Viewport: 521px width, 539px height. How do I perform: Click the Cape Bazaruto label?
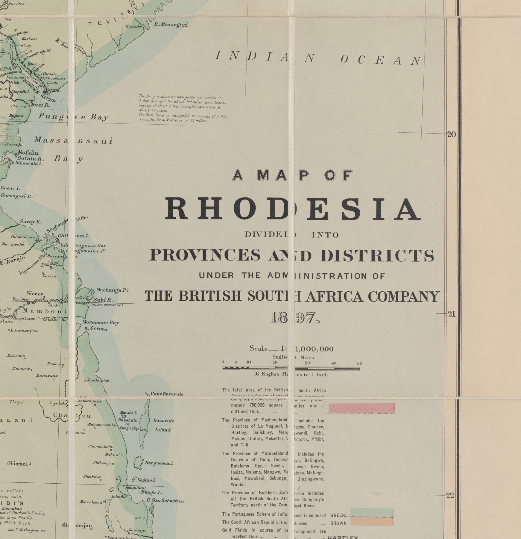(x=167, y=394)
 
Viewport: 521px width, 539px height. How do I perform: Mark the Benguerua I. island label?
(x=160, y=463)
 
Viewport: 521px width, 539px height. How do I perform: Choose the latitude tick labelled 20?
(x=451, y=134)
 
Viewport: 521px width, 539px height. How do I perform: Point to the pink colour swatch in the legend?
(x=361, y=408)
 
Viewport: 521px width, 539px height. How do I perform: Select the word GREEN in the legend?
(x=338, y=516)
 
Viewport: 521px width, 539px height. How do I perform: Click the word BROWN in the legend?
(x=338, y=523)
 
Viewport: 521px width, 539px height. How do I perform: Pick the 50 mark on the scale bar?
(x=359, y=363)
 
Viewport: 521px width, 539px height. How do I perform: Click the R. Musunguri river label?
(x=171, y=25)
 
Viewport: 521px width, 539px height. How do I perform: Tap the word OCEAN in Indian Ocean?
(x=381, y=60)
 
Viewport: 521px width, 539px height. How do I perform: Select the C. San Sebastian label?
(x=165, y=501)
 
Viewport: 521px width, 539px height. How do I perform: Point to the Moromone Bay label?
(x=101, y=323)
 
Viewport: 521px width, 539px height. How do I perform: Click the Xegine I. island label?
(x=146, y=480)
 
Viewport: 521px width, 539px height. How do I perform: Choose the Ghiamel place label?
(x=17, y=464)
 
